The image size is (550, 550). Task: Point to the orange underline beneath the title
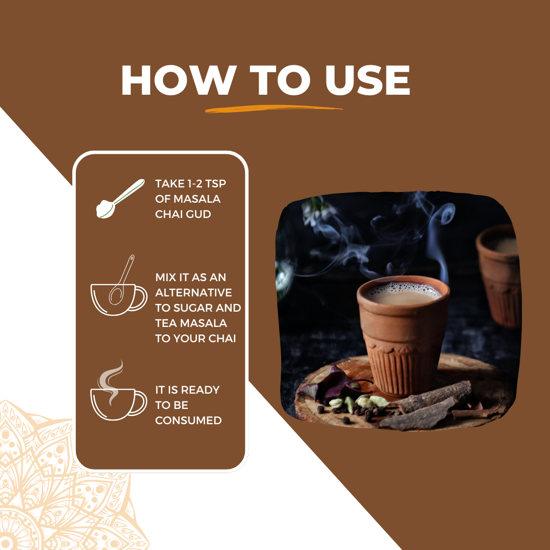[x=273, y=109]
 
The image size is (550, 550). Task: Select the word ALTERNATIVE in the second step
[x=194, y=292]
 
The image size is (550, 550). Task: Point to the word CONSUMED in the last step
[x=188, y=420]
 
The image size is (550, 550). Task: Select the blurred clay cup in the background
[x=498, y=276]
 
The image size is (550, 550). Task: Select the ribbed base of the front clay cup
[x=403, y=372]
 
